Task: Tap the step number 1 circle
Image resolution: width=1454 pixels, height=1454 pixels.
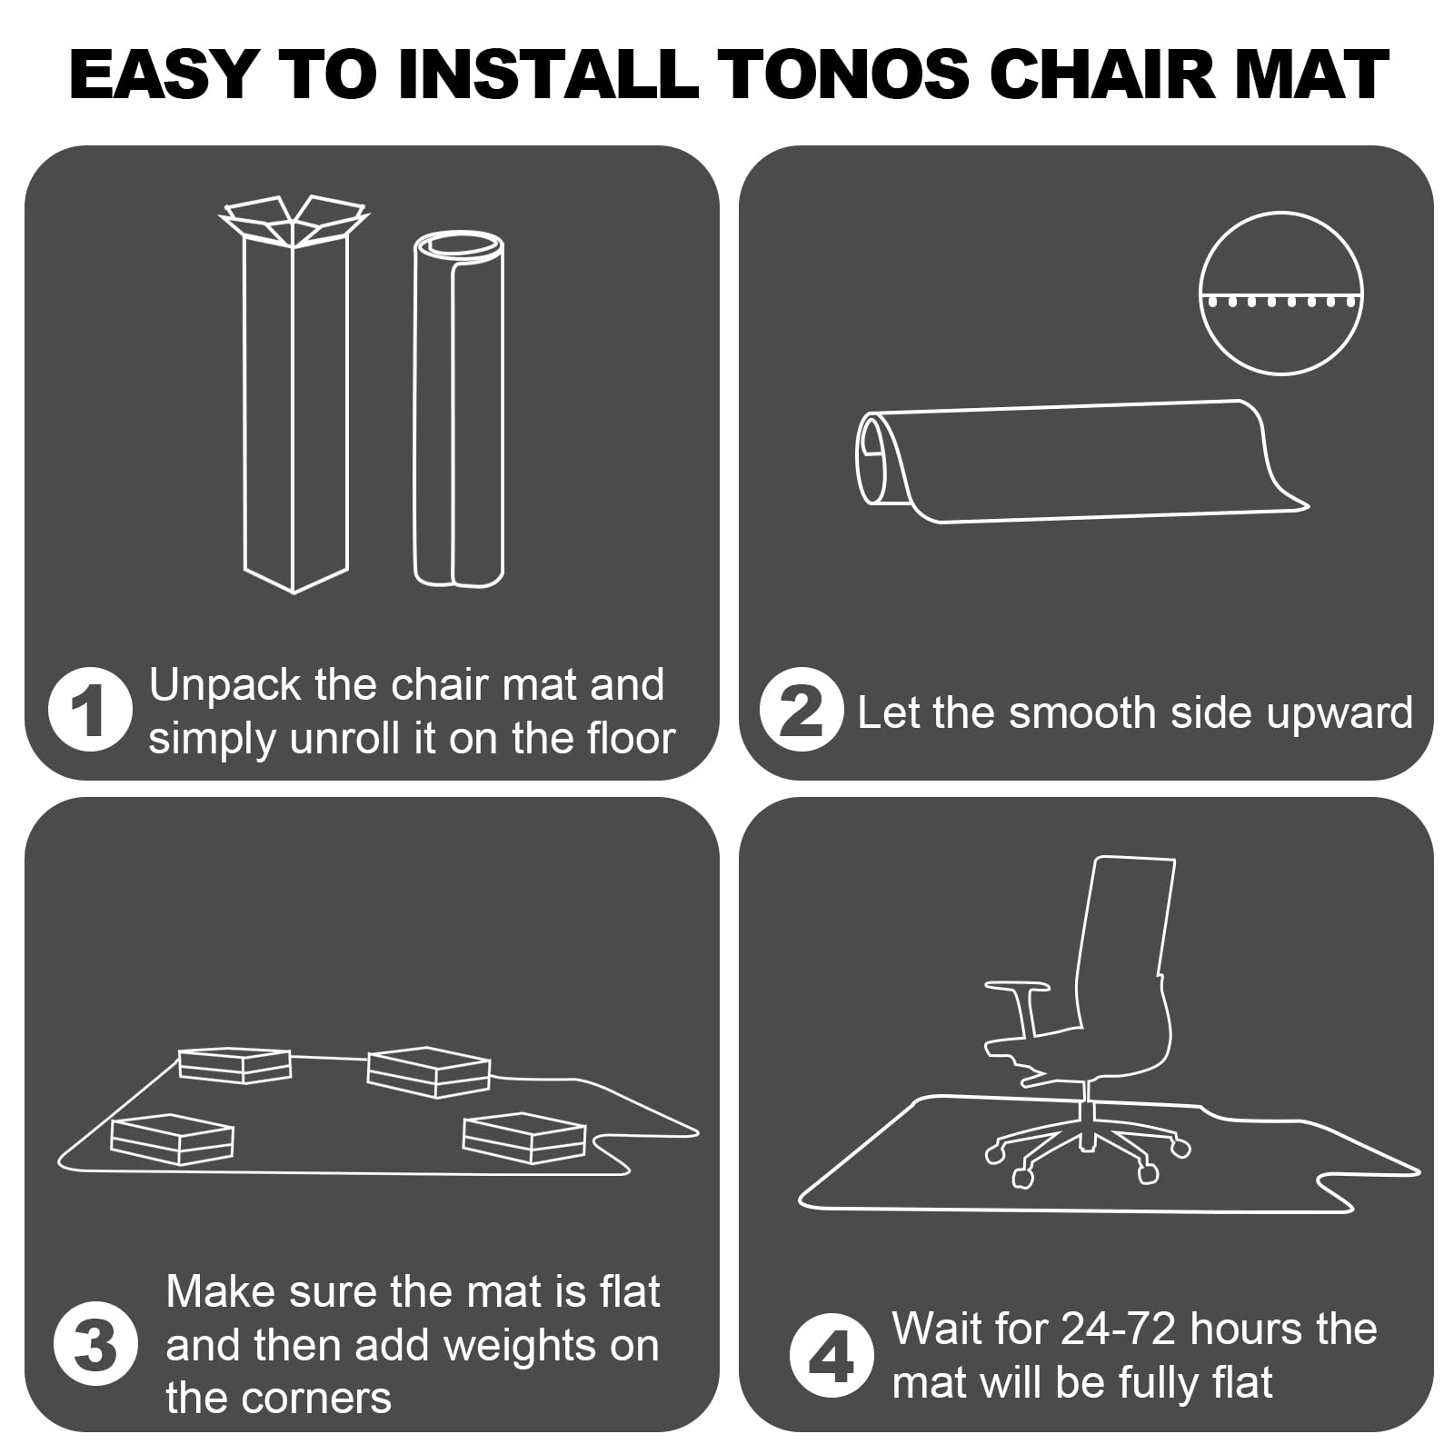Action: click(x=90, y=710)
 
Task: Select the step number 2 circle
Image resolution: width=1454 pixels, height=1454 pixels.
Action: click(x=802, y=710)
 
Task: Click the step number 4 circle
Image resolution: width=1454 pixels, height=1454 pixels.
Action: click(x=832, y=1356)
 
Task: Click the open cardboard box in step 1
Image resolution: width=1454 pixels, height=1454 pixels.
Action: click(x=295, y=391)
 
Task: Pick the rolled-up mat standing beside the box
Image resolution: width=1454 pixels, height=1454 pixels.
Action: click(x=459, y=409)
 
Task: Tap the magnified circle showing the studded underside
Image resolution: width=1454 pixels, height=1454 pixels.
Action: click(x=1280, y=293)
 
